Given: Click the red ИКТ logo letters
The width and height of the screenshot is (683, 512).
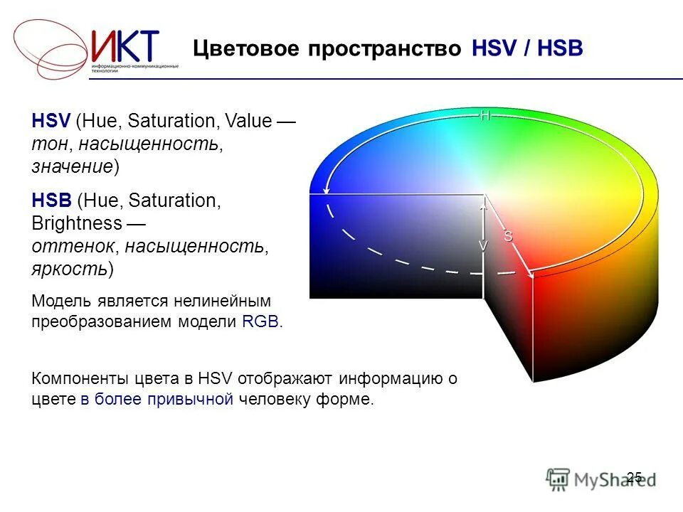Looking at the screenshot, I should [x=125, y=46].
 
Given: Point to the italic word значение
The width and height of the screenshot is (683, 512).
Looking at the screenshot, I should [x=72, y=166].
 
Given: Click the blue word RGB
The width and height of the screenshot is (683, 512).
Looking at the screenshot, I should [x=260, y=321].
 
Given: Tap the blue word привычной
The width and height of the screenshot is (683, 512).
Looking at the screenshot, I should [x=190, y=399].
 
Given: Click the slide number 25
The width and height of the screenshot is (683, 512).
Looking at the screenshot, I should [x=634, y=476].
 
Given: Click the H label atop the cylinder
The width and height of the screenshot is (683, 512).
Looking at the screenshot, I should [x=485, y=115].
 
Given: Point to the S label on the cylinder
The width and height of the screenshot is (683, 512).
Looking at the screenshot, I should [x=508, y=237].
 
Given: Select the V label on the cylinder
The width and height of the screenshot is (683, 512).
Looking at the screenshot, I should [x=483, y=245].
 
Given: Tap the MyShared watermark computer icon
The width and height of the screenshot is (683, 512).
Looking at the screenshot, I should [x=558, y=479].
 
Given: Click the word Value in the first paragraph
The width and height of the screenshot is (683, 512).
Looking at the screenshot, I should [x=248, y=121].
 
